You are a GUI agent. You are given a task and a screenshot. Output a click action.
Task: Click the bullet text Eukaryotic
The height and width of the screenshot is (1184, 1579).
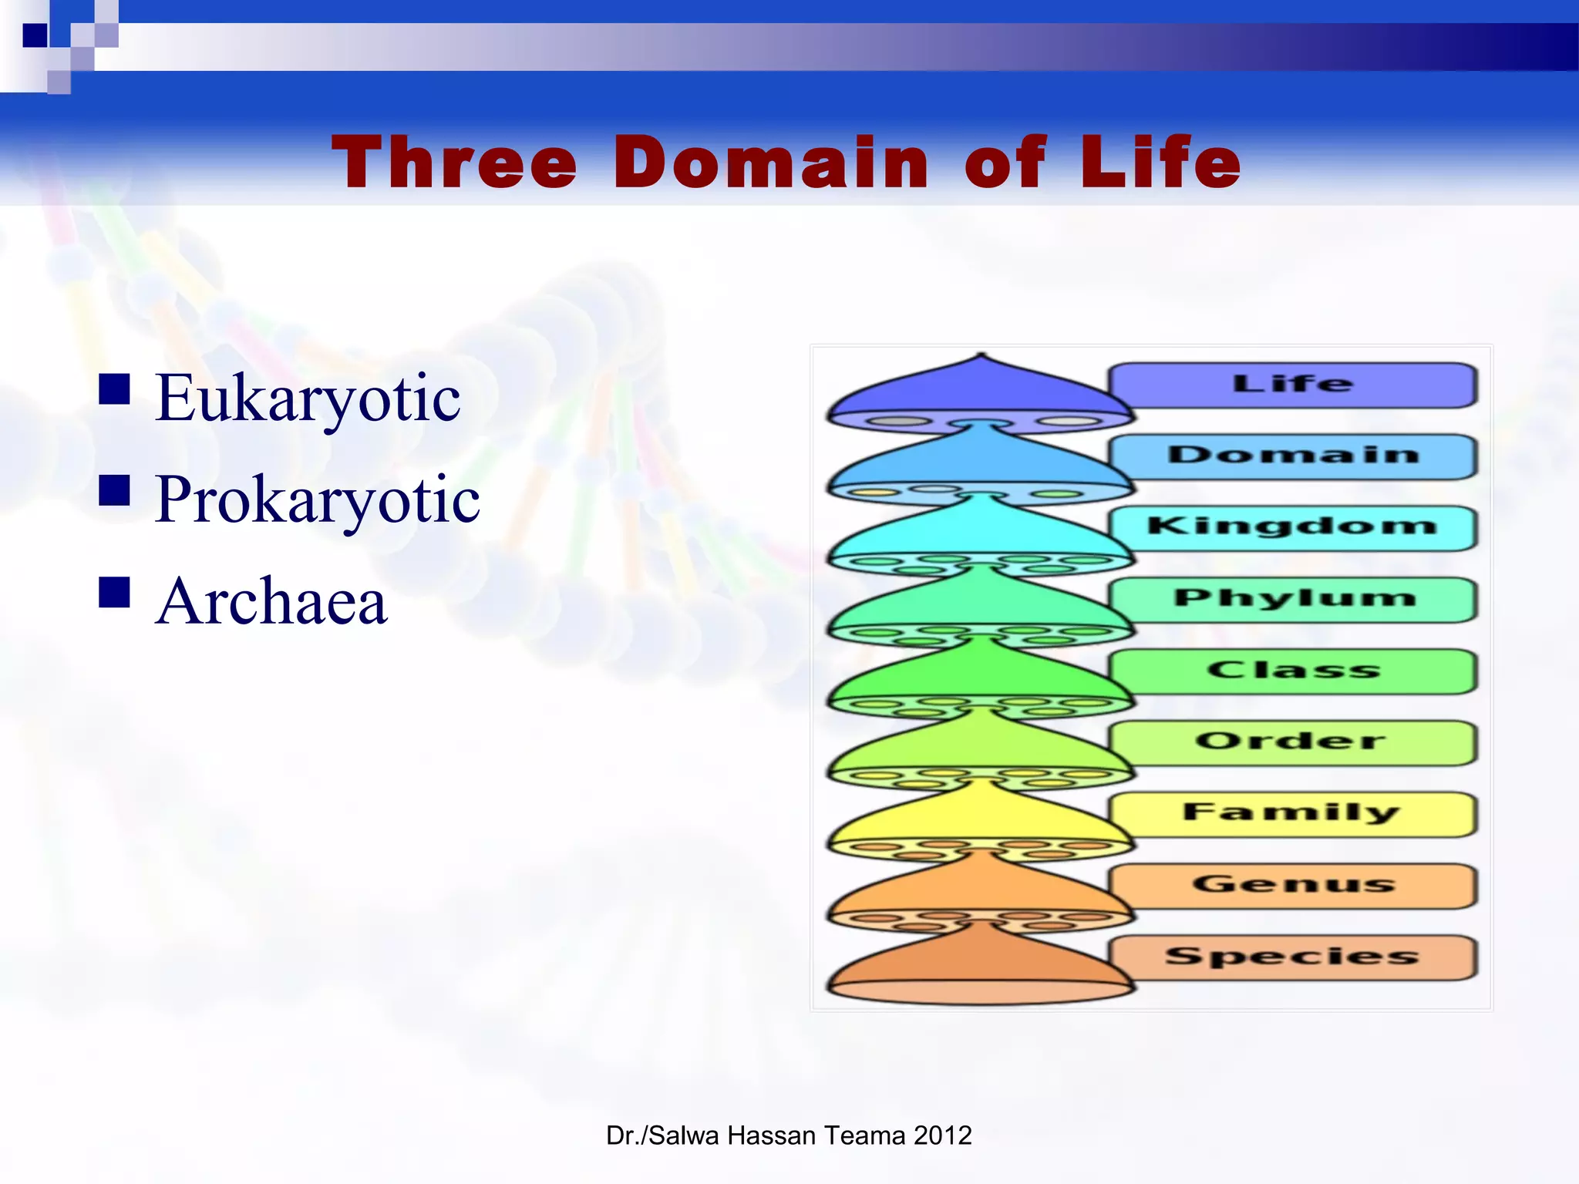[308, 399]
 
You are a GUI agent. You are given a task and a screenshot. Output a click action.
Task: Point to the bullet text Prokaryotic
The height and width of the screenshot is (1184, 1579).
[317, 500]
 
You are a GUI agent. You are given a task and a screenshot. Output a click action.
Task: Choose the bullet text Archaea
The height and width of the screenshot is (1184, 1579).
[271, 601]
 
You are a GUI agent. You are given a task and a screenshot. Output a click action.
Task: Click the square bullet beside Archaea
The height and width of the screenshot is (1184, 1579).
[114, 592]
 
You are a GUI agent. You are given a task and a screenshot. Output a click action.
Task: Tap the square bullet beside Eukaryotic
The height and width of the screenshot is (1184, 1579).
[114, 389]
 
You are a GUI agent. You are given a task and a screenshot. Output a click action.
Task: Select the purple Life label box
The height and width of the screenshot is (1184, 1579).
[1293, 385]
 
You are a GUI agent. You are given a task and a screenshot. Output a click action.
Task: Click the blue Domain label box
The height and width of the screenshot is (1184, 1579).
[1293, 456]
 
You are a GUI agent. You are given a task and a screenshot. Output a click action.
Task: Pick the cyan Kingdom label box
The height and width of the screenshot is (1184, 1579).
[1293, 527]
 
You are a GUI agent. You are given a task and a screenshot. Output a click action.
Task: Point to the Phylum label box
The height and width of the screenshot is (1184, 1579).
[1293, 599]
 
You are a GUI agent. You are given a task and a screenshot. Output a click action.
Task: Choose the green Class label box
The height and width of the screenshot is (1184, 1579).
[1293, 671]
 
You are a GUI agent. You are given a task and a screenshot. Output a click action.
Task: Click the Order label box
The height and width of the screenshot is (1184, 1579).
[1293, 742]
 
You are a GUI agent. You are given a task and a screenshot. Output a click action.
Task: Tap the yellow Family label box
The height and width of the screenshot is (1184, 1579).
[1293, 813]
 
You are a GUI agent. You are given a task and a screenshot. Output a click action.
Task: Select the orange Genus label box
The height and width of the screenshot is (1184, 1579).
[1293, 885]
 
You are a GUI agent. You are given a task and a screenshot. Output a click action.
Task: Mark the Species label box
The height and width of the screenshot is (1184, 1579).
[1293, 957]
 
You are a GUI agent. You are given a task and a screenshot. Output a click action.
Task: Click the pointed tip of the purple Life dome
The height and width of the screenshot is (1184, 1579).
[980, 357]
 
